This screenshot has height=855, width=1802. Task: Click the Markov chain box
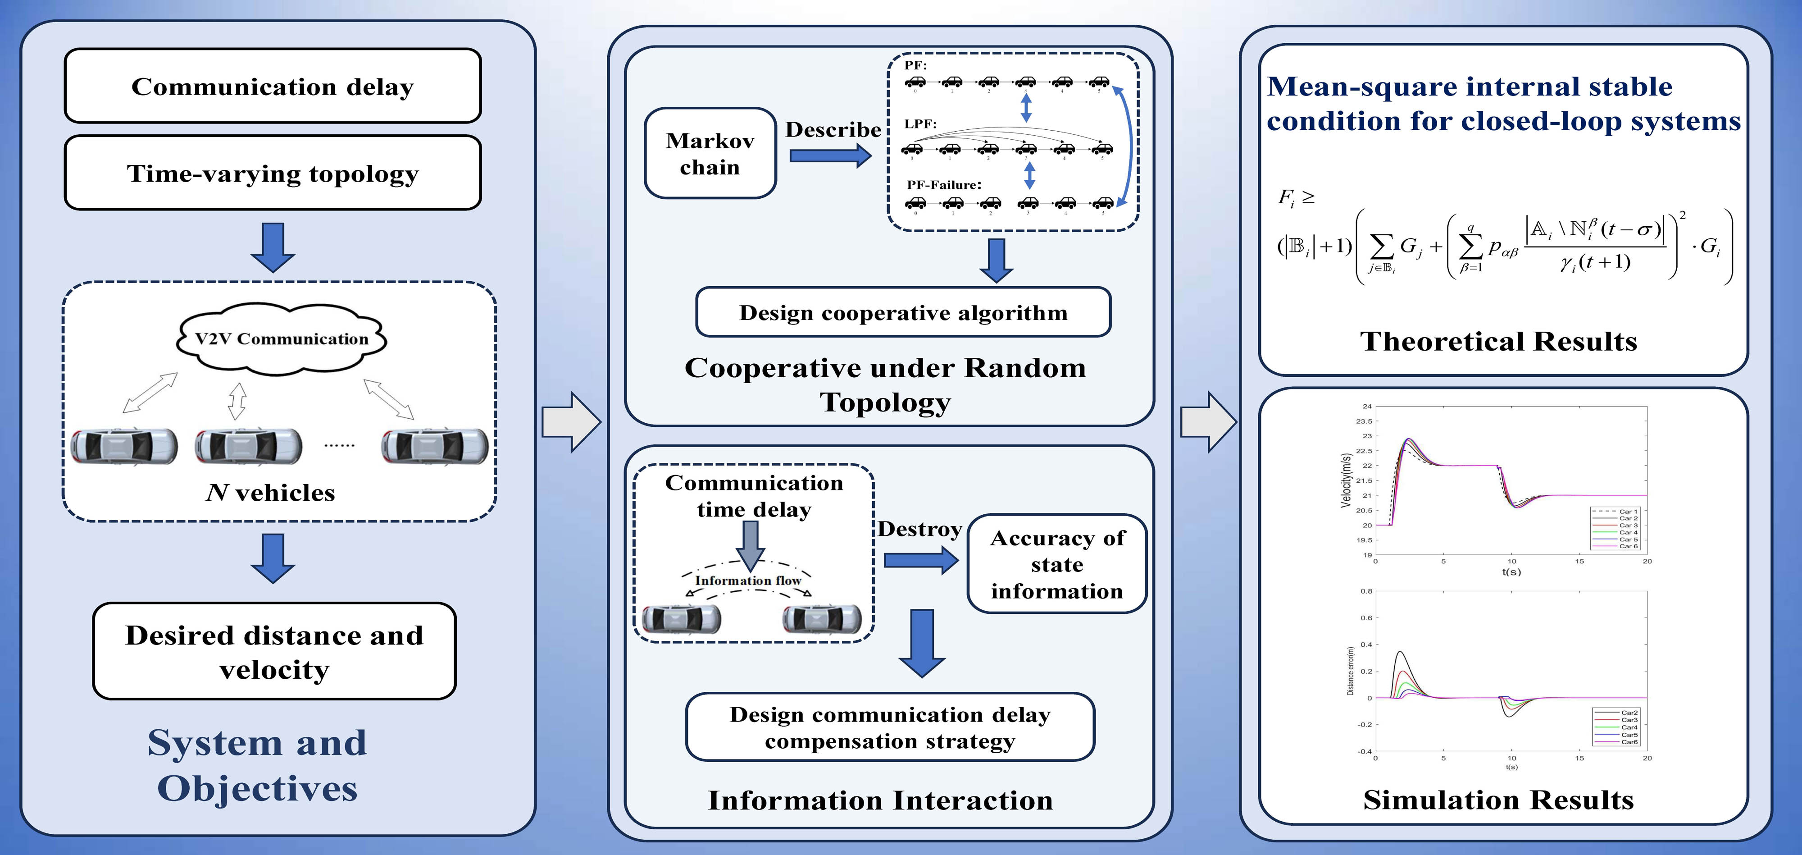pyautogui.click(x=710, y=153)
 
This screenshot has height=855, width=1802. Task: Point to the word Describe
pyautogui.click(x=833, y=129)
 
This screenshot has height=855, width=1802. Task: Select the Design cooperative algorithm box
pyautogui.click(x=903, y=312)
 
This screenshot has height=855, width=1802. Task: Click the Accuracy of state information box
pyautogui.click(x=1056, y=564)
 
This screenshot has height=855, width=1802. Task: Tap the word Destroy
pyautogui.click(x=919, y=529)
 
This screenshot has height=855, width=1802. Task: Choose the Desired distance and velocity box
pyautogui.click(x=274, y=651)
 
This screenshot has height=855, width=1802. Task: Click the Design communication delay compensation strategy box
pyautogui.click(x=890, y=727)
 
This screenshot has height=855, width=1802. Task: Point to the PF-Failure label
pyautogui.click(x=944, y=185)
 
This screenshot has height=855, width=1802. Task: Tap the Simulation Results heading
pyautogui.click(x=1498, y=800)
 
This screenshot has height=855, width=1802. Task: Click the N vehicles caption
pyautogui.click(x=271, y=493)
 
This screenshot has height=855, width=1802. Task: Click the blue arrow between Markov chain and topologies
pyautogui.click(x=830, y=155)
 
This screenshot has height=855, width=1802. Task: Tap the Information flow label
pyautogui.click(x=748, y=580)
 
